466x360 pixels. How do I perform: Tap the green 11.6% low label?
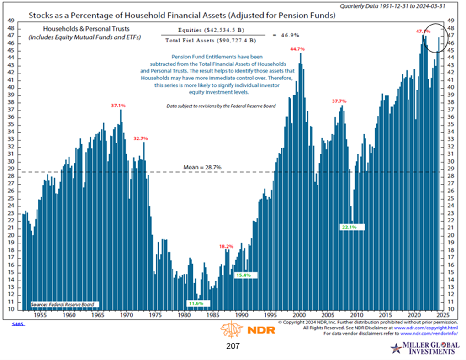(198, 303)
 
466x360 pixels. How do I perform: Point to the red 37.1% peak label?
(118, 106)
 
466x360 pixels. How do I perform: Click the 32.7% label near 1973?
(141, 138)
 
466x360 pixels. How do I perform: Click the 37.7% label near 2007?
(339, 101)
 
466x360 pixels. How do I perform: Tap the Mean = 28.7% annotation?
(202, 167)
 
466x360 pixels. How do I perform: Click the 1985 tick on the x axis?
(212, 315)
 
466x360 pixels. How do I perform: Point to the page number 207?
(233, 346)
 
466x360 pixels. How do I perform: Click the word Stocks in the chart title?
(42, 15)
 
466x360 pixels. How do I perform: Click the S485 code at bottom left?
(18, 324)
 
